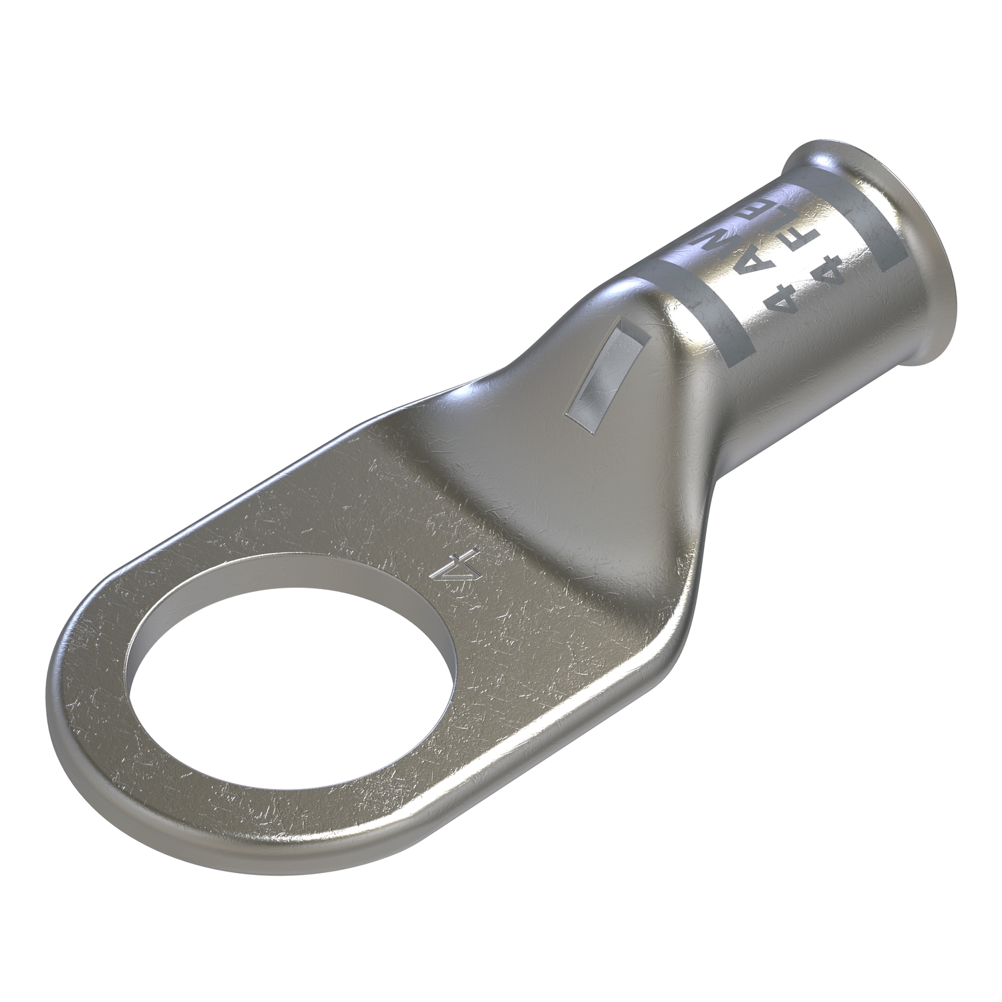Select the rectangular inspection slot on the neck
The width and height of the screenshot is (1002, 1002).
pos(599,376)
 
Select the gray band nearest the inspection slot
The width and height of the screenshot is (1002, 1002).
pos(701,304)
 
